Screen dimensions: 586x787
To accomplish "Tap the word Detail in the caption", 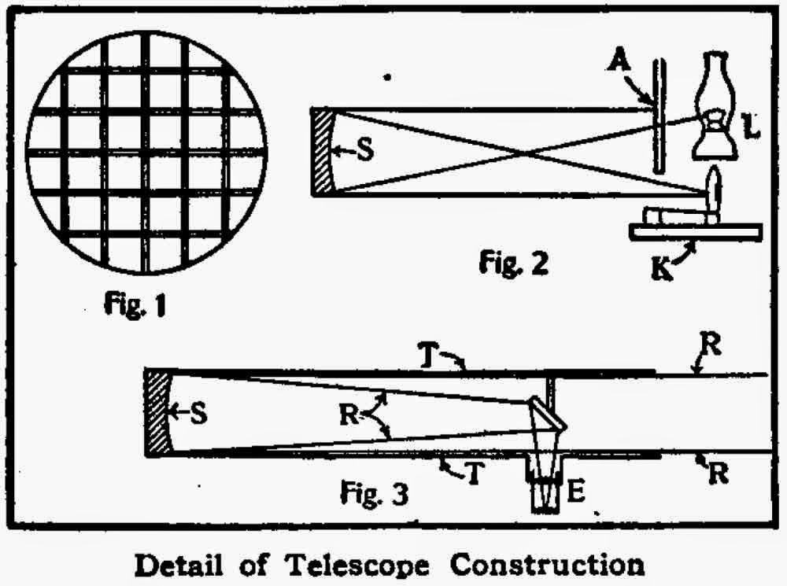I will point(182,563).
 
